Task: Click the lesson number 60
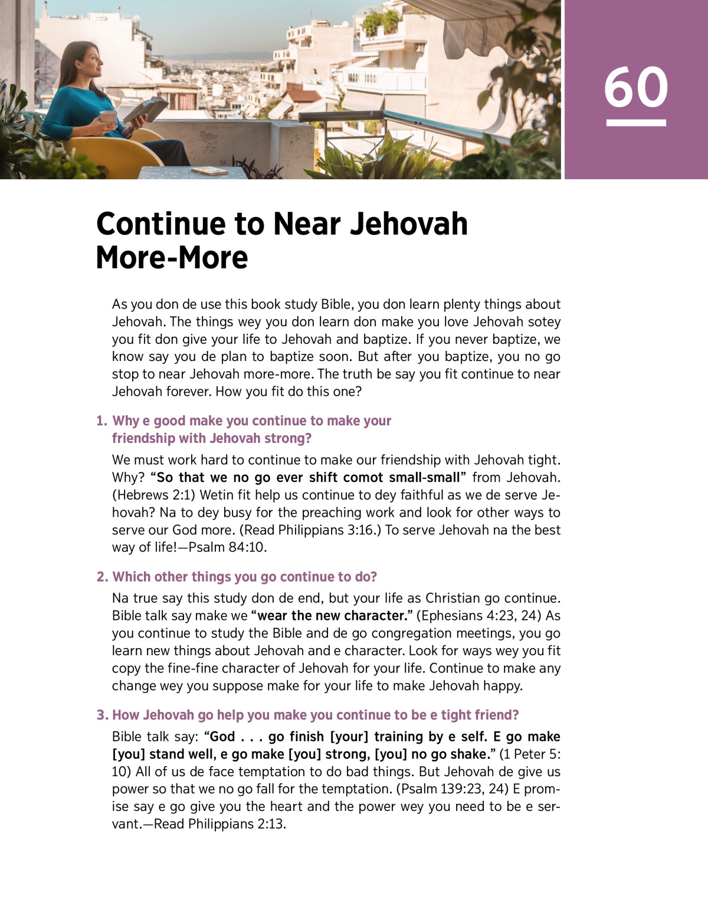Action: pos(636,87)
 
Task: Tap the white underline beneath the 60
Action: pos(636,123)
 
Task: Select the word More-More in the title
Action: pos(172,258)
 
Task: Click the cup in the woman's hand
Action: pos(109,117)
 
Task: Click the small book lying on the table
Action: pos(209,171)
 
